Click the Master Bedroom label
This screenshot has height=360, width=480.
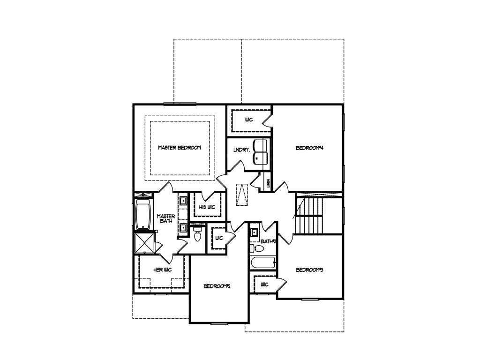[x=179, y=148]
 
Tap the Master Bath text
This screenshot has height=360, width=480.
[x=166, y=218]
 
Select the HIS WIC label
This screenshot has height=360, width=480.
[x=207, y=207]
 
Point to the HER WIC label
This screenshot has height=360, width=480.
[x=162, y=270]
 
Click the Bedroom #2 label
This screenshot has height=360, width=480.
[x=218, y=286]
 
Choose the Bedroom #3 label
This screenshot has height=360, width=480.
[x=310, y=270]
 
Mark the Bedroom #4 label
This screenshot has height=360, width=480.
[x=310, y=148]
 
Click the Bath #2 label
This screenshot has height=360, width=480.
[x=268, y=241]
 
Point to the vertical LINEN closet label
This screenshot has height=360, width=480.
[x=268, y=183]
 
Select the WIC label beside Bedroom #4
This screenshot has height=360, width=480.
[x=249, y=120]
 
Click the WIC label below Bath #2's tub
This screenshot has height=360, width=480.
[x=264, y=285]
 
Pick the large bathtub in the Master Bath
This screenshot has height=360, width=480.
[x=142, y=215]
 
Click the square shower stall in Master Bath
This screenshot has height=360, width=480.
[x=144, y=243]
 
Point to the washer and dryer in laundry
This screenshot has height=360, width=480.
[x=260, y=151]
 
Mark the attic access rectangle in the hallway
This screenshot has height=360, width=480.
[x=241, y=194]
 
